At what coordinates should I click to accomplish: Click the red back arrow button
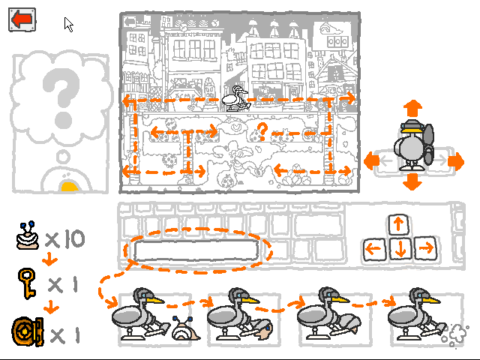22,19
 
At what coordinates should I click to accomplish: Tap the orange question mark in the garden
262,132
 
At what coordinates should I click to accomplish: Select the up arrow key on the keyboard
398,224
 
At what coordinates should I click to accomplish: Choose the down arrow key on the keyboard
400,248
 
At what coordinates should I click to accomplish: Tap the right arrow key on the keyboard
425,247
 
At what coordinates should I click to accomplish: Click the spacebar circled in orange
196,250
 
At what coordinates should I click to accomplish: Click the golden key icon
27,283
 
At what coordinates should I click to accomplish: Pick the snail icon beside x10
28,235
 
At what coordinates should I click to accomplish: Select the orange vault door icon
28,331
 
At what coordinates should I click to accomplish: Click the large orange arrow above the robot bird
412,108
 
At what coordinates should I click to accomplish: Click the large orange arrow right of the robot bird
456,161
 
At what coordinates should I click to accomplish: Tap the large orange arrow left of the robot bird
372,160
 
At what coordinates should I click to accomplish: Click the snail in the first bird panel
185,328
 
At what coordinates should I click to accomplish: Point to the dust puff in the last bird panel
454,335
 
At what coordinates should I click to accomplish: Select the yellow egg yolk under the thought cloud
70,187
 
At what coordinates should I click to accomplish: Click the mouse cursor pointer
68,25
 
